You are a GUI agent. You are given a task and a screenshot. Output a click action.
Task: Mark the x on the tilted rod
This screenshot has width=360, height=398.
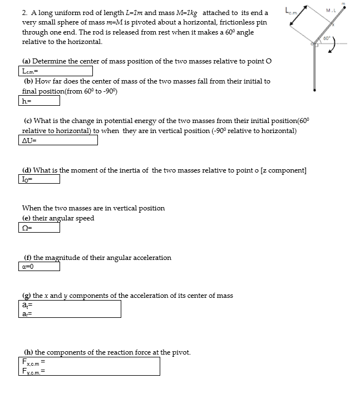[334, 26]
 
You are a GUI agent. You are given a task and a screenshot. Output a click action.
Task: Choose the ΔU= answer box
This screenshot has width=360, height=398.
[58, 140]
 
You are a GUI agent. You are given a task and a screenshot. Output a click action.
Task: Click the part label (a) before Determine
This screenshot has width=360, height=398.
[26, 61]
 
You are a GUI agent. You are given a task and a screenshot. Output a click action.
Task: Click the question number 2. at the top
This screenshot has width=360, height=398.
[25, 12]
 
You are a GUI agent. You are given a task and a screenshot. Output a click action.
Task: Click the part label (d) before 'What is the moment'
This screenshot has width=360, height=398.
[26, 170]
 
